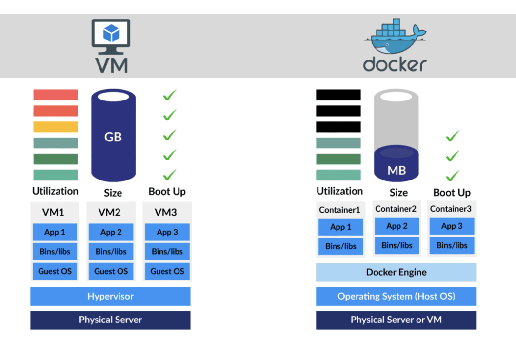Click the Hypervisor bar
tap(110, 296)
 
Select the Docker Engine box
tap(396, 272)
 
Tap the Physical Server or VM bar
tap(396, 320)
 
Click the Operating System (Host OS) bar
tap(396, 296)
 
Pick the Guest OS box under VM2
tap(111, 271)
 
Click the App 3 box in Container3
tap(452, 226)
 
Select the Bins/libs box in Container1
tap(340, 246)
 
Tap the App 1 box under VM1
tap(55, 232)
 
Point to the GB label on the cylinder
tap(113, 137)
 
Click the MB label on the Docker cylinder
tap(397, 170)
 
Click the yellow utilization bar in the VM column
tap(55, 127)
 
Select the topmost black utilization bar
tap(338, 95)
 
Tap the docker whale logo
tap(395, 36)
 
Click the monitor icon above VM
tap(111, 37)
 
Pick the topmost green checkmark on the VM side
tap(170, 95)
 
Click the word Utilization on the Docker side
tap(339, 191)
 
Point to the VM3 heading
tap(165, 212)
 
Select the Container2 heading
tap(396, 209)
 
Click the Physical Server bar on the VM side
tap(110, 320)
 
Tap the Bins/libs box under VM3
tap(167, 251)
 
